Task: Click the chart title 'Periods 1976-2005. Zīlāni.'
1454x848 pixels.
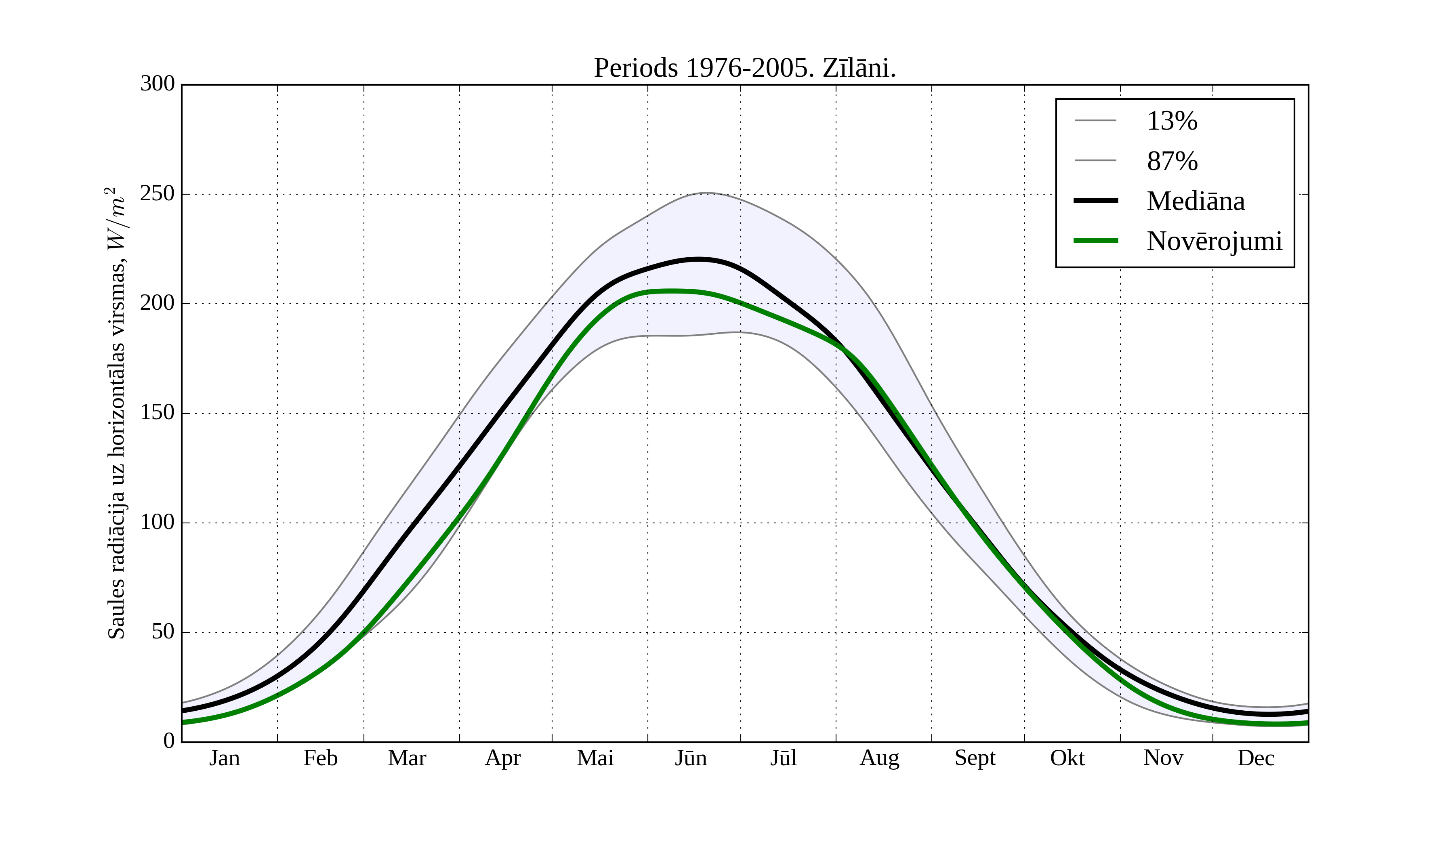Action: point(744,68)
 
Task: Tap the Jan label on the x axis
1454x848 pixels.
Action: point(225,758)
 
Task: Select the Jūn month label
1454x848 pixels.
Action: point(691,758)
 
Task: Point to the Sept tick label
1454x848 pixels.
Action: point(975,758)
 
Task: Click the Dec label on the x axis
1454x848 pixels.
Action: point(1256,758)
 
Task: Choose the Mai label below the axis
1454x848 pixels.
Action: point(595,758)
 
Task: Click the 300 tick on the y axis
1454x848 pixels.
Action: point(158,84)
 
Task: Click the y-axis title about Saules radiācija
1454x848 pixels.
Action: point(117,413)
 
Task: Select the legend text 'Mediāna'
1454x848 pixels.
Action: point(1196,202)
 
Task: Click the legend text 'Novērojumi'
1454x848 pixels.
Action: point(1214,241)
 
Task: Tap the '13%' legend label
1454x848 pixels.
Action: point(1172,121)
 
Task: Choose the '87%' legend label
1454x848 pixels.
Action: point(1172,161)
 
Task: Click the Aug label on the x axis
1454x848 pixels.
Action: point(879,758)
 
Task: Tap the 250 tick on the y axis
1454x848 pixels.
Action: point(158,194)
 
